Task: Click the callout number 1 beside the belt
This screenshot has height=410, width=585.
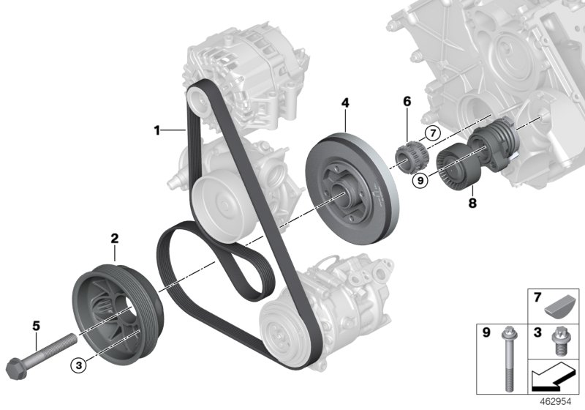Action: (x=156, y=131)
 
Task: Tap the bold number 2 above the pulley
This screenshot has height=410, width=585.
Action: (x=115, y=238)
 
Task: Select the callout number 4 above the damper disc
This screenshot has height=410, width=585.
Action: (x=344, y=105)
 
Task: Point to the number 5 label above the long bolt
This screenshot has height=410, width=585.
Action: (x=35, y=321)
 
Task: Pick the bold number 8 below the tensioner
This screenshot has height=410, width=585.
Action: (x=472, y=203)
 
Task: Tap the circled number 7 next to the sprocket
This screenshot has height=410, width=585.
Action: (x=431, y=133)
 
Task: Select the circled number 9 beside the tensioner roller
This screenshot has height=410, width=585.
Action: (x=420, y=181)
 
